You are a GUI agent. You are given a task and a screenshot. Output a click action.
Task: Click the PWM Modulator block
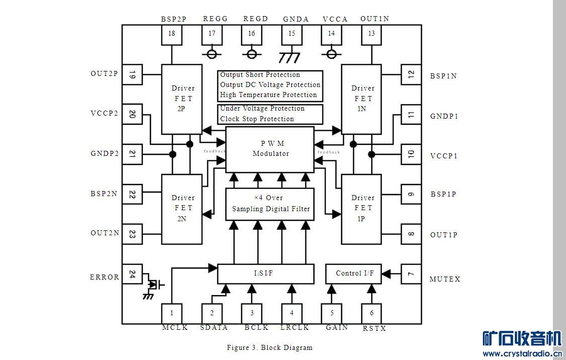tap(270, 149)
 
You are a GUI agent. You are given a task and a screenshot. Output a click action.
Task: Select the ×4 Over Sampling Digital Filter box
tap(270, 204)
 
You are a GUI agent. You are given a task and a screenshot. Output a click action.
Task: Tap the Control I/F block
tap(355, 274)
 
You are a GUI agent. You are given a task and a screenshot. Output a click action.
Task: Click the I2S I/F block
tap(265, 274)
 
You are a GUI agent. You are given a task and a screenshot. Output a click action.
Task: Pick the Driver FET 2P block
tap(182, 99)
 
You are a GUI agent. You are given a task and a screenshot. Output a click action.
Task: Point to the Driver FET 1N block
tap(362, 99)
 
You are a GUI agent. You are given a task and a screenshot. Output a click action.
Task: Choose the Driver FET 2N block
tap(182, 208)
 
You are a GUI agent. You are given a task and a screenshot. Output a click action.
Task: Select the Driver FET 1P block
tap(362, 208)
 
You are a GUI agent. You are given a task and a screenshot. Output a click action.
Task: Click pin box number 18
tap(172, 34)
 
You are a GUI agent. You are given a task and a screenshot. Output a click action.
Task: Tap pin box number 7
tap(411, 274)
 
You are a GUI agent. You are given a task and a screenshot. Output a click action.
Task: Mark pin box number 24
tap(132, 274)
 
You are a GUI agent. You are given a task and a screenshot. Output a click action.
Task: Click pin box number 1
tap(172, 313)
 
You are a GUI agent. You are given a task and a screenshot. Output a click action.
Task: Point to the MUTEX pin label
tap(445, 279)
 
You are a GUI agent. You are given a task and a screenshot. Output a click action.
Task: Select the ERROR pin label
tap(105, 277)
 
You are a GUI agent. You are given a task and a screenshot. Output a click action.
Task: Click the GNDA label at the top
tap(296, 19)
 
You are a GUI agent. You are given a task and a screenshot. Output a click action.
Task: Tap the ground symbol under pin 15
tap(290, 57)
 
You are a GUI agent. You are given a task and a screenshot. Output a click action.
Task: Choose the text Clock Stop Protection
tap(257, 119)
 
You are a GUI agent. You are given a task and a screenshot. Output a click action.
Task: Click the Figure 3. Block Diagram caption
tap(270, 347)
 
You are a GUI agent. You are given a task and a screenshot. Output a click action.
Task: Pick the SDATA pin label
tap(214, 327)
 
